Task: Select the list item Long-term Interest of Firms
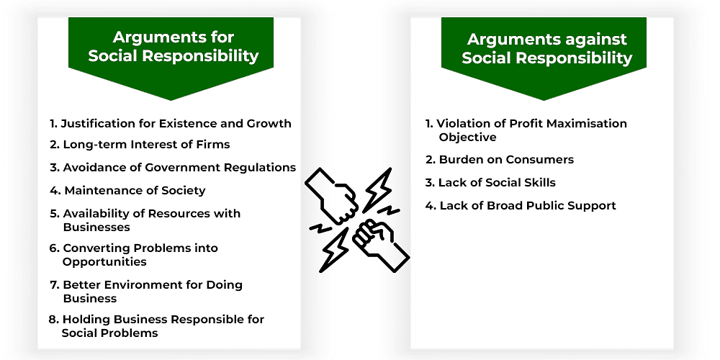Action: tap(140, 145)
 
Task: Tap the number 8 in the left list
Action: tap(53, 319)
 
